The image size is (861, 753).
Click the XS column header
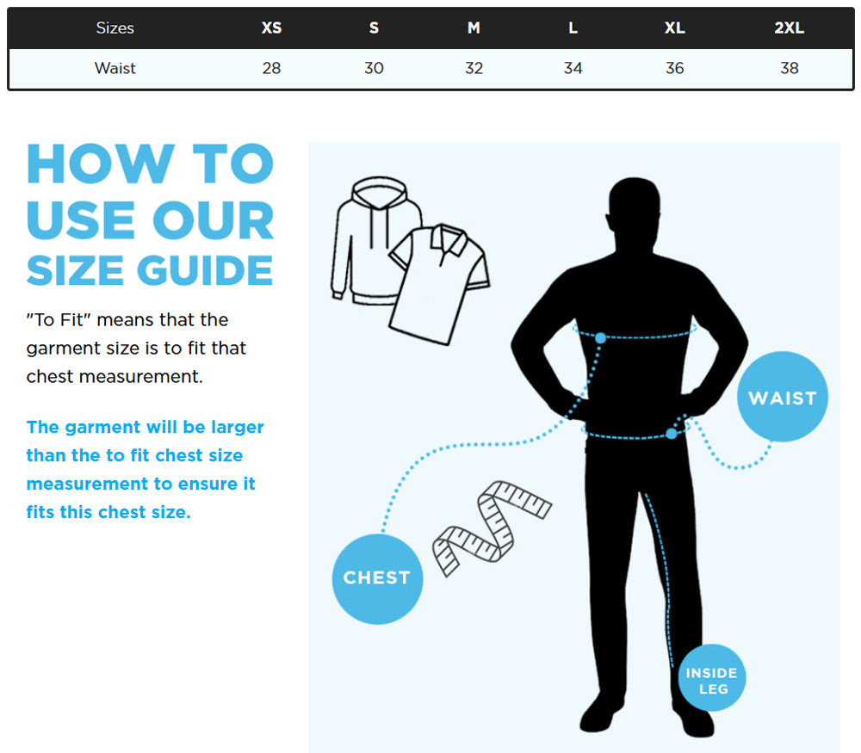271,28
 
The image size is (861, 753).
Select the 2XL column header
789,28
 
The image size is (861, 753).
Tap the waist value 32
474,68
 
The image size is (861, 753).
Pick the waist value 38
789,68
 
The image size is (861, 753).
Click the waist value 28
271,68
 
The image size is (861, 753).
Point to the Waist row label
115,68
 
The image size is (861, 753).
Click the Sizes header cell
115,28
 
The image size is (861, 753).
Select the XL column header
674,28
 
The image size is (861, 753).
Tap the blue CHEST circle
377,577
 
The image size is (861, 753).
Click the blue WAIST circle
782,398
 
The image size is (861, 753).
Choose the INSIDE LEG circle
712,679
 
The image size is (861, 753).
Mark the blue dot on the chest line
600,338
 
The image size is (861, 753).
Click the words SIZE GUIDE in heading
150,270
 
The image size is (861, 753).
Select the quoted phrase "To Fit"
59,320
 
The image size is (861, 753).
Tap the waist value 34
573,68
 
